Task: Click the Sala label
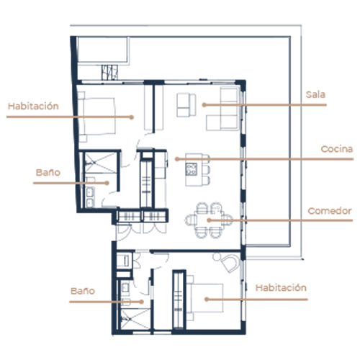tap(315, 94)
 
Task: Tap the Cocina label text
tap(337, 149)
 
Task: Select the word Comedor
tap(330, 211)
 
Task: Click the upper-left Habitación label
tap(33, 106)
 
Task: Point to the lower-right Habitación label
tap(281, 287)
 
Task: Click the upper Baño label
tap(48, 172)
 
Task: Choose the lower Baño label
tap(83, 291)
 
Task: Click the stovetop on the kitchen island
tap(192, 169)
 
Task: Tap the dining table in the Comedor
tap(210, 220)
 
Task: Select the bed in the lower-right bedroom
tap(204, 298)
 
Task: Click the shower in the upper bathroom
tap(101, 163)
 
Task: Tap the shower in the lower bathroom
tap(135, 319)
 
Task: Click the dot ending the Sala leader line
tap(204, 105)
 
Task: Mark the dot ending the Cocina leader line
tap(177, 159)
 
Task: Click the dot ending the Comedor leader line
tap(209, 220)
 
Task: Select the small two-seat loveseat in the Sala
tap(186, 105)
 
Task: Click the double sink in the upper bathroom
tap(90, 197)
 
